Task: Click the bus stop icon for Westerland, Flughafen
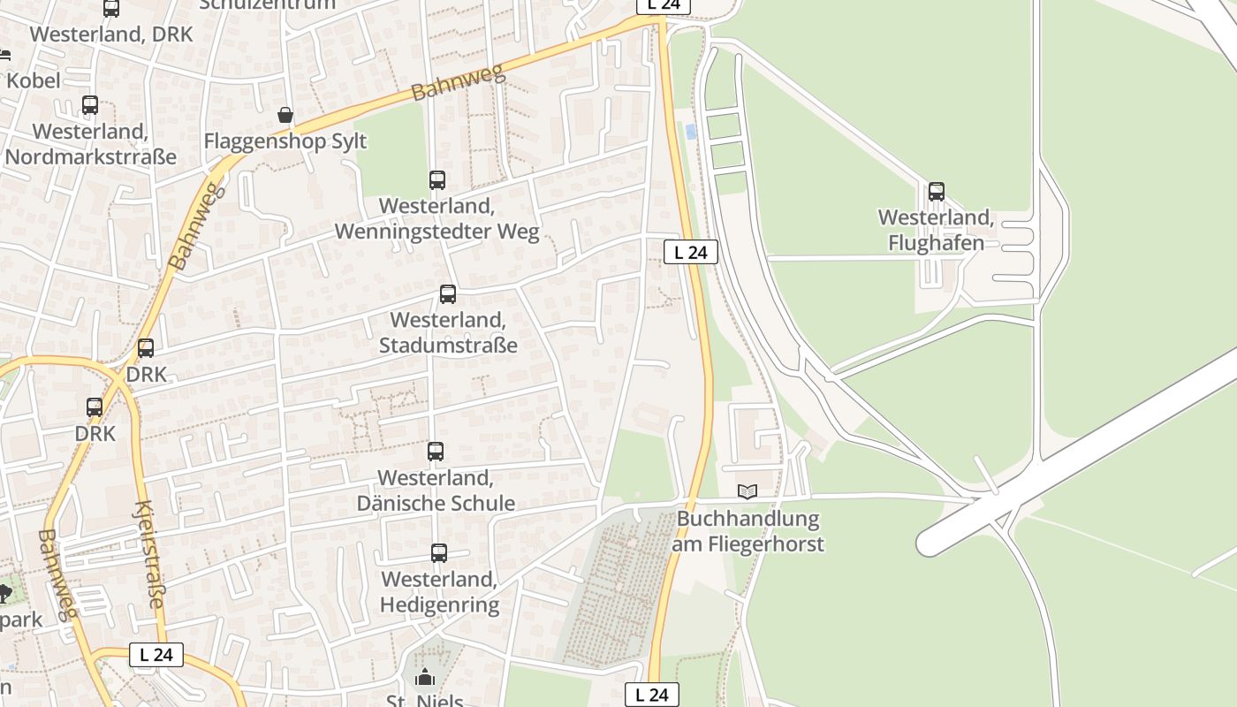(936, 191)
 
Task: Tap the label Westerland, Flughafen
(936, 230)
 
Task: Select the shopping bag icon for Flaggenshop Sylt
(285, 115)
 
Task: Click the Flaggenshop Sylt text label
(285, 141)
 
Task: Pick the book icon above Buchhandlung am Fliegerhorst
(748, 491)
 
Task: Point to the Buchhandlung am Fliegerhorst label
(748, 531)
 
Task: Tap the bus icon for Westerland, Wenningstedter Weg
(436, 180)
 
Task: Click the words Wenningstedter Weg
(436, 232)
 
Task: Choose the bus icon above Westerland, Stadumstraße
(448, 294)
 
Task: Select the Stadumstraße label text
(448, 345)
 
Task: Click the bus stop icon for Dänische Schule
(435, 452)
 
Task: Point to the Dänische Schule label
(436, 503)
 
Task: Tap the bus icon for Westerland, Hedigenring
(439, 553)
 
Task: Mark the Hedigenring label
(439, 604)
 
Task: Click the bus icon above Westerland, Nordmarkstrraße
(90, 105)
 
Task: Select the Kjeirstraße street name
(148, 554)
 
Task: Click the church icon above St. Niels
(425, 678)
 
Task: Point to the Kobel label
(34, 80)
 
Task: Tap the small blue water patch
(690, 132)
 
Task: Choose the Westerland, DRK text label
(111, 34)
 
